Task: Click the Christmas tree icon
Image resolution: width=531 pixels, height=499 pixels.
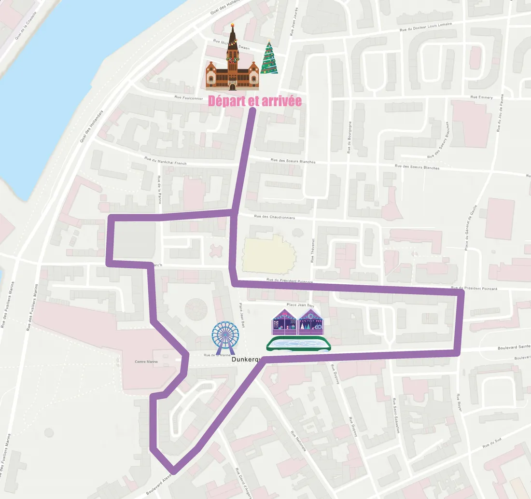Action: pyautogui.click(x=269, y=58)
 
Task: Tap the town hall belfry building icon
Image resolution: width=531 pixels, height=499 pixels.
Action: pyautogui.click(x=232, y=63)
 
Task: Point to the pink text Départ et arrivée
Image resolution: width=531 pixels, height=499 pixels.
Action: pyautogui.click(x=255, y=101)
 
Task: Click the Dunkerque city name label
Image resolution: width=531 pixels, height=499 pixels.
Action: pyautogui.click(x=246, y=360)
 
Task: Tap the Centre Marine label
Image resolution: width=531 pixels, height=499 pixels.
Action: pyautogui.click(x=146, y=361)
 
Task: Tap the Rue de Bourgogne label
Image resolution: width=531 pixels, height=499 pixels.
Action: pyautogui.click(x=349, y=138)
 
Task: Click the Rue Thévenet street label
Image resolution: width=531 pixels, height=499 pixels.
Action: pyautogui.click(x=313, y=250)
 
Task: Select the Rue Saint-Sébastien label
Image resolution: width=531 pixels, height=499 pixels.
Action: pyautogui.click(x=396, y=416)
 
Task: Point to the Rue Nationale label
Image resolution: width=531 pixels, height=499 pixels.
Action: pyautogui.click(x=298, y=441)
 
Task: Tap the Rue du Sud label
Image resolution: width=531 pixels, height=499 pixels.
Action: pyautogui.click(x=496, y=443)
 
